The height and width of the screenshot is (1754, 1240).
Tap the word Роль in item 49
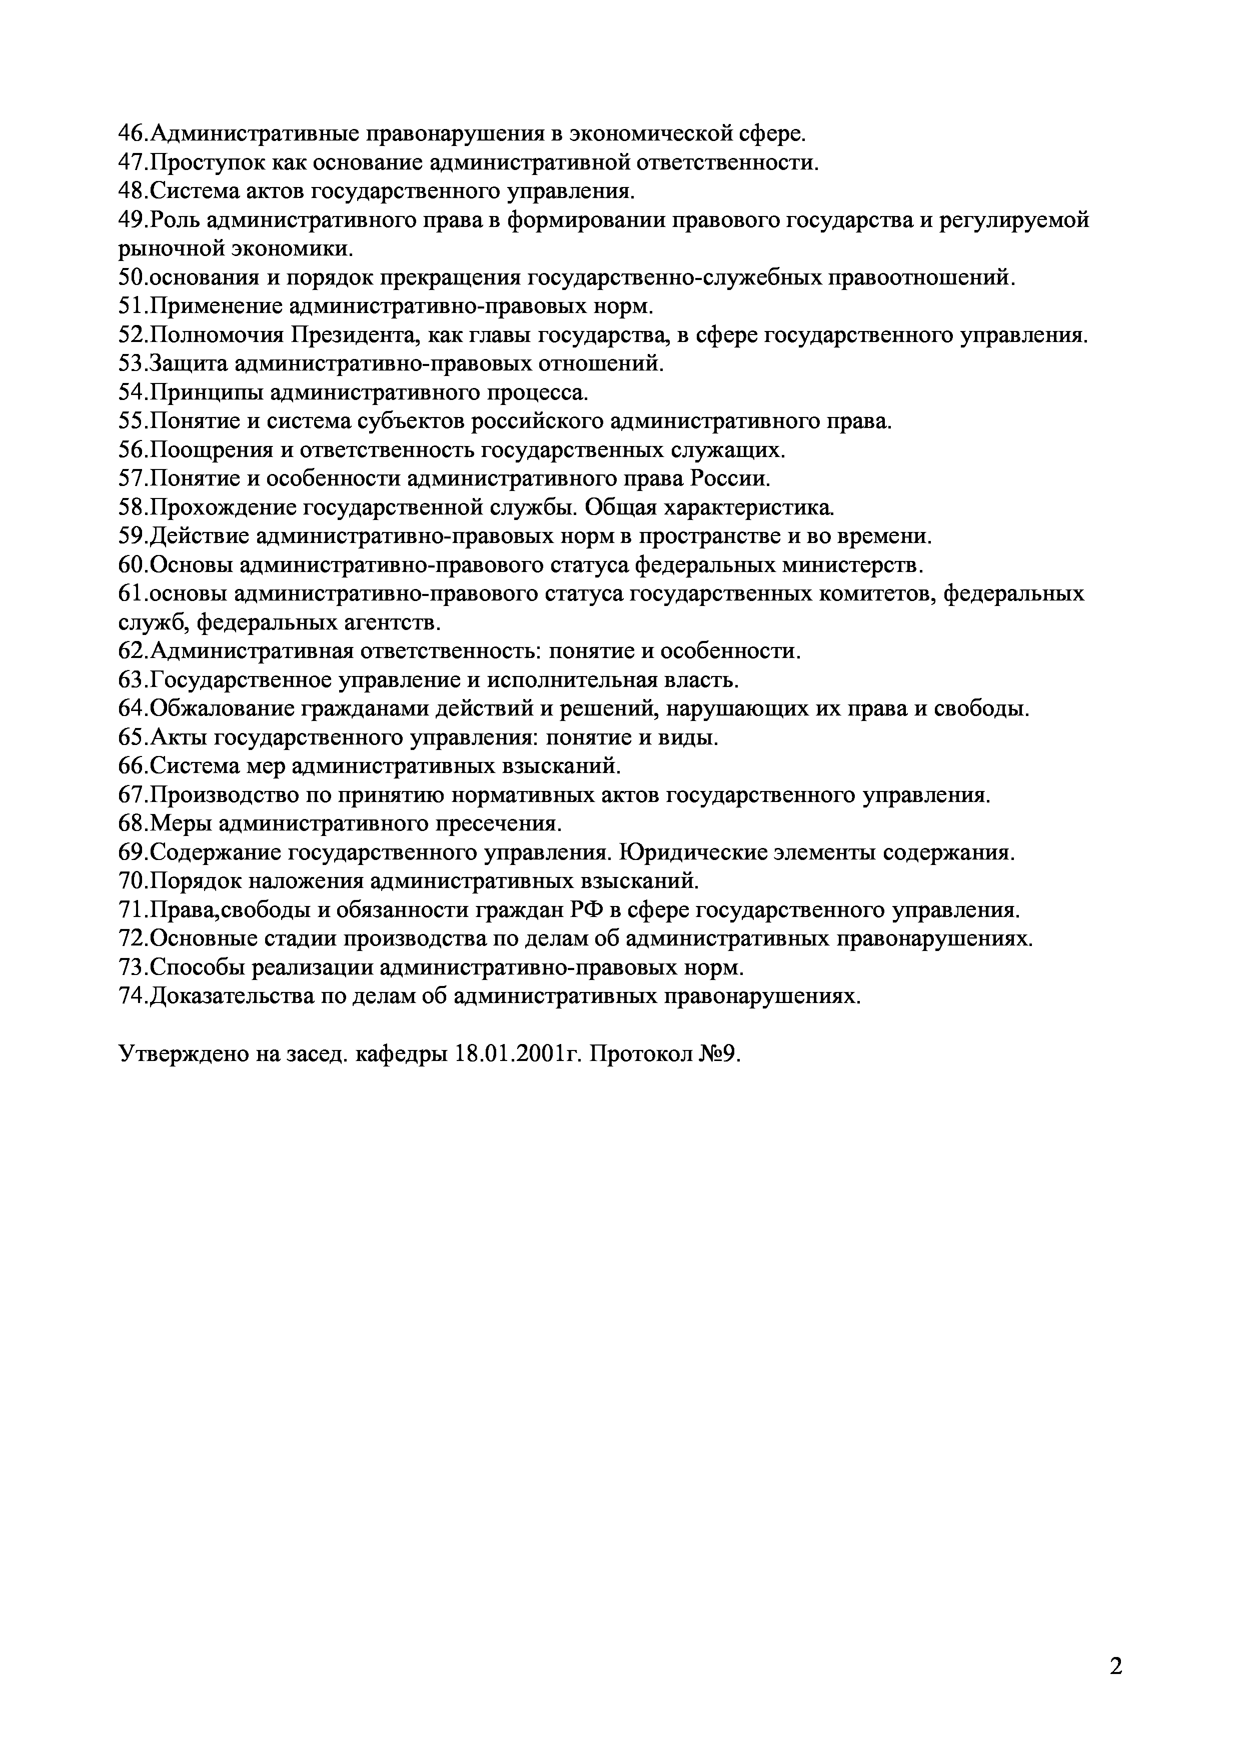(x=174, y=221)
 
